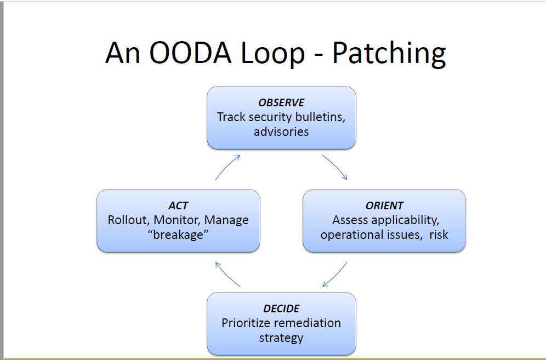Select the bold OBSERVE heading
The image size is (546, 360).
281,103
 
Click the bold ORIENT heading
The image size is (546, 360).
384,206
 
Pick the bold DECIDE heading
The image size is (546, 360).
281,309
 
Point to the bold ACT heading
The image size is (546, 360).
178,206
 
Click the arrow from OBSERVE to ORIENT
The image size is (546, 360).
335,167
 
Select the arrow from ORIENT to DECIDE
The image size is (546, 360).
335,274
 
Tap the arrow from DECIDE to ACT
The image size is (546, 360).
228,274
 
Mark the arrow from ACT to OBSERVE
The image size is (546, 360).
228,167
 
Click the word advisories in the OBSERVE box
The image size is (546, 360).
281,132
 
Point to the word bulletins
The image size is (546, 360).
319,117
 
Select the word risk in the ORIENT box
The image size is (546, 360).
439,235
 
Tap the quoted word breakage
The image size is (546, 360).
178,235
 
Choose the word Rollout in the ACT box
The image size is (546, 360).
128,220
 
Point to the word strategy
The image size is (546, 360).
281,338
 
